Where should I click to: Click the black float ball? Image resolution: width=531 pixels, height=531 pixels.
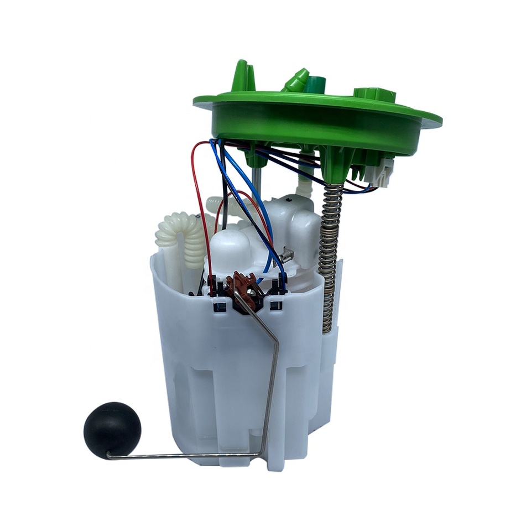112,430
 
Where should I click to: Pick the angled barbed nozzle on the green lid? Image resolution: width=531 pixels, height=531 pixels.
296,81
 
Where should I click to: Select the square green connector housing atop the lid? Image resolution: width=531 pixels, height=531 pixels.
374,95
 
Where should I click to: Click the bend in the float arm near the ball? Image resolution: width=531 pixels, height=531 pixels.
109,456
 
